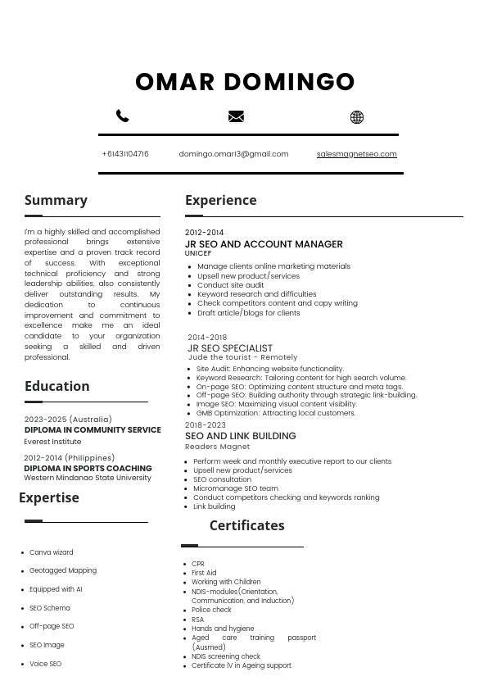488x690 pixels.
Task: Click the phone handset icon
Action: (123, 116)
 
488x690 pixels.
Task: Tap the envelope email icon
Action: (236, 116)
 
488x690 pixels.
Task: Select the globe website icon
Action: (357, 117)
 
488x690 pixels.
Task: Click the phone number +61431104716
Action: (125, 154)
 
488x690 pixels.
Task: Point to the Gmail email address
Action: (233, 154)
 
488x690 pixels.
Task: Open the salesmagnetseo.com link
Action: (356, 154)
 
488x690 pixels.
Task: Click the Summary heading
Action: (56, 200)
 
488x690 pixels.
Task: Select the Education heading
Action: (56, 386)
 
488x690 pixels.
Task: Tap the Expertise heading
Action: (49, 497)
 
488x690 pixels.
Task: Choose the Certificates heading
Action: (246, 525)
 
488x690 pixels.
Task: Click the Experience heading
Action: (220, 200)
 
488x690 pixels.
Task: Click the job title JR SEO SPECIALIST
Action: (230, 348)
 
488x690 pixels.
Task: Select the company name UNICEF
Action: (198, 254)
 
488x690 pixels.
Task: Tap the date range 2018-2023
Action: (206, 425)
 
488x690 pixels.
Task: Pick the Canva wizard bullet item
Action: (52, 552)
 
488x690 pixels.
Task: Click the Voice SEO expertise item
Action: (46, 664)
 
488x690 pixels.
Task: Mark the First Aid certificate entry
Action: (204, 573)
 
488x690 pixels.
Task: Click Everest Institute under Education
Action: (52, 442)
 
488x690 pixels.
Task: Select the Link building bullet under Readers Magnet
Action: (214, 506)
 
